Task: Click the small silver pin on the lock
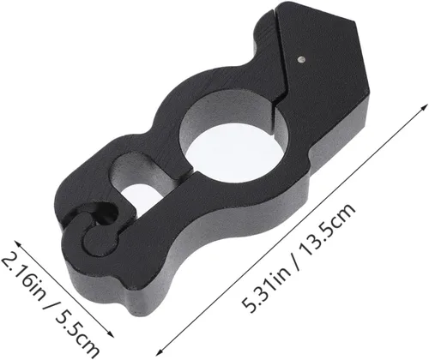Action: pos(301,59)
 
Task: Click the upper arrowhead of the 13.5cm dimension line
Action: pos(425,108)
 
